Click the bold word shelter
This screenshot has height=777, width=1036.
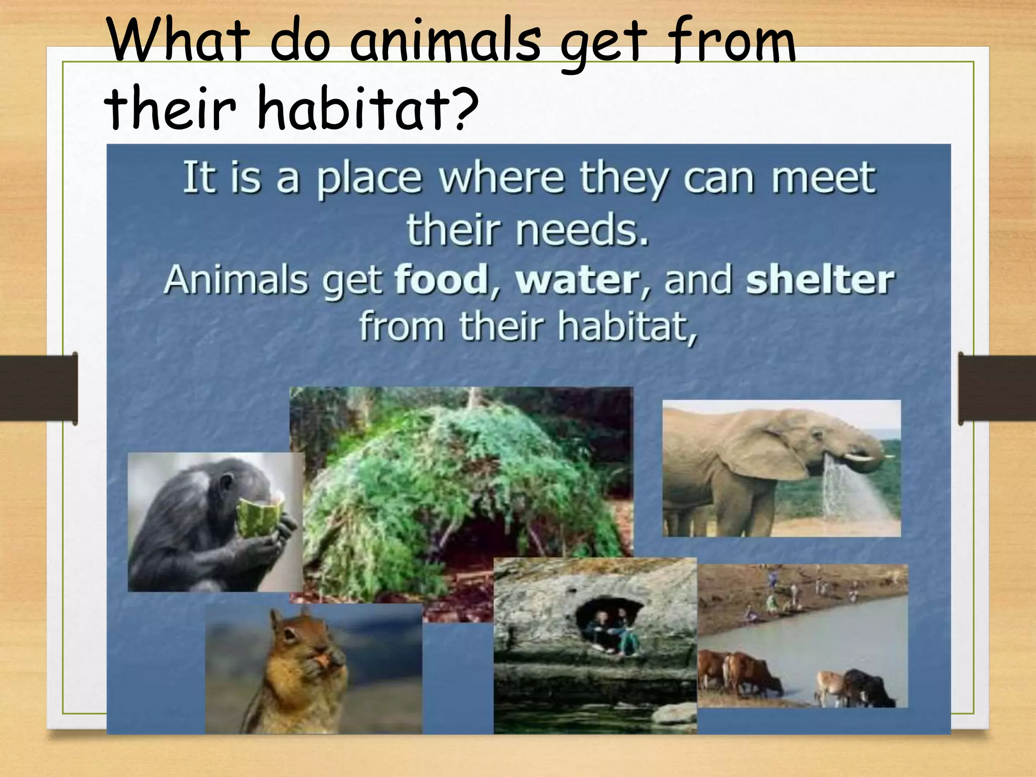(x=820, y=280)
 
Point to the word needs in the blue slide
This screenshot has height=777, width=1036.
(x=582, y=230)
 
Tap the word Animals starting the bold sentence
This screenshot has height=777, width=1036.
(x=236, y=280)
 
